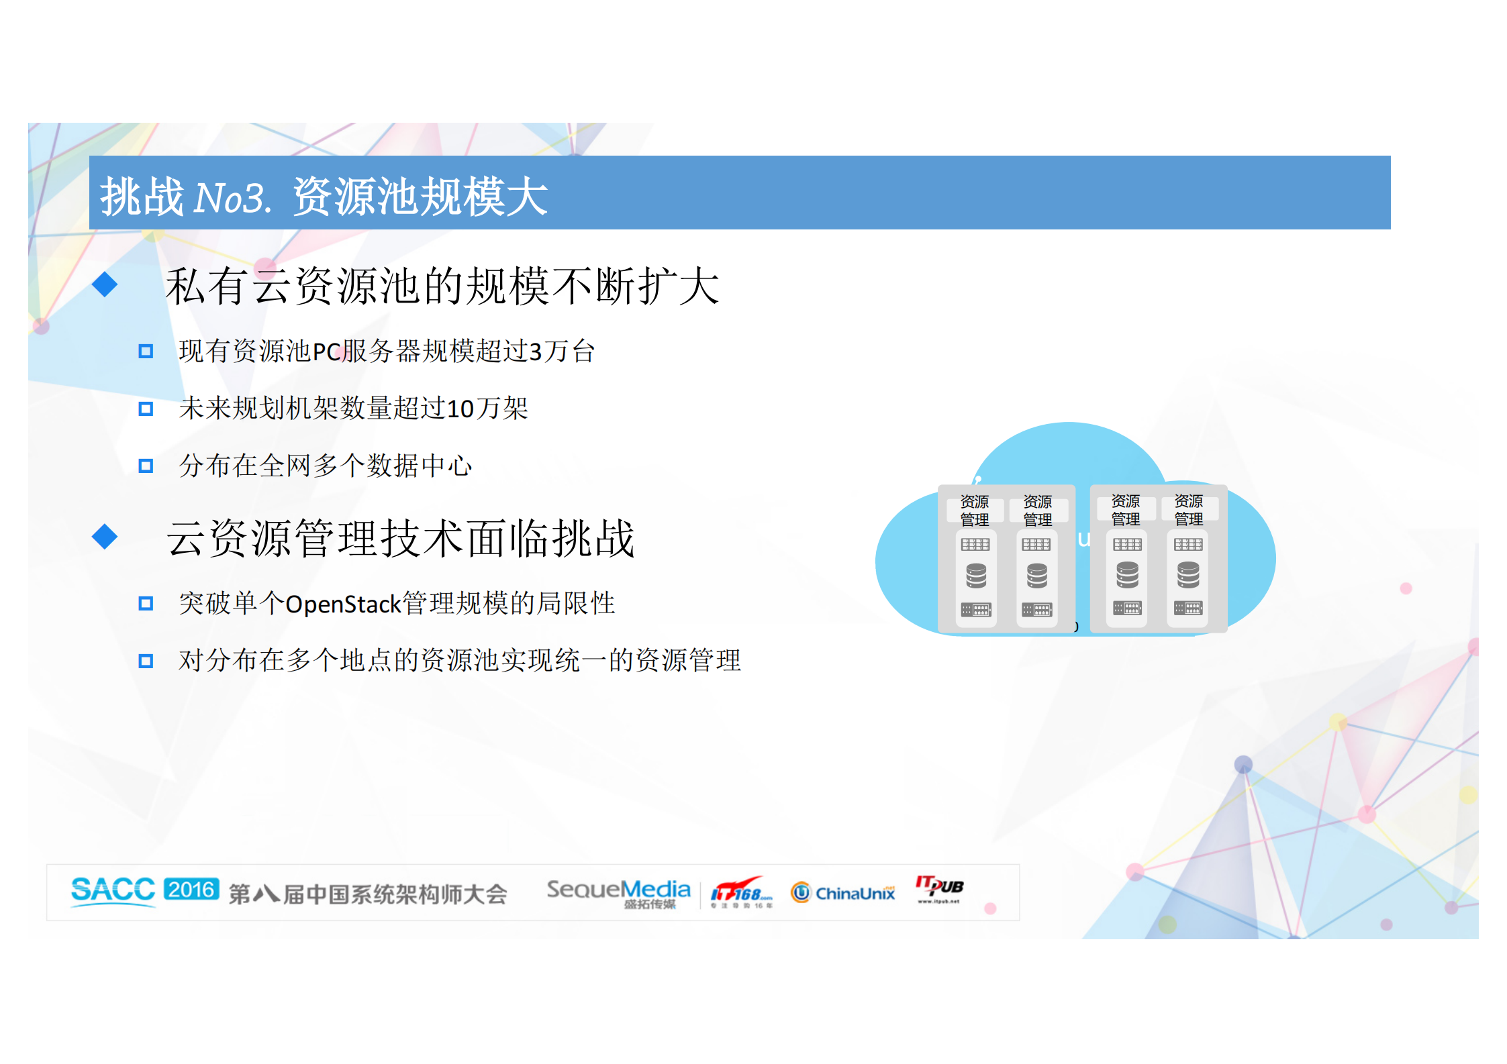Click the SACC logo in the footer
click(x=113, y=891)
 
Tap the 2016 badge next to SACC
click(x=191, y=890)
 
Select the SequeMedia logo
click(x=618, y=892)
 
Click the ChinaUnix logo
click(x=843, y=893)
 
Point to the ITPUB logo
click(x=939, y=888)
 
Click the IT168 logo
click(x=741, y=892)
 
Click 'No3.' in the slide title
click(x=232, y=198)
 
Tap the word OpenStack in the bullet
click(x=343, y=604)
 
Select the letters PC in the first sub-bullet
click(x=327, y=352)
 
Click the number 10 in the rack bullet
click(x=460, y=409)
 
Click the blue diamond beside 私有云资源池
click(x=105, y=284)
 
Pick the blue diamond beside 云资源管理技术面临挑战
click(x=105, y=537)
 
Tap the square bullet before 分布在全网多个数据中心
click(x=146, y=466)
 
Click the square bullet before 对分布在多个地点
click(x=146, y=661)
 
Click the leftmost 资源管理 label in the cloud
click(x=974, y=511)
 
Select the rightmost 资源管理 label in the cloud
click(x=1188, y=510)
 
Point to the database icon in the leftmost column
click(x=976, y=576)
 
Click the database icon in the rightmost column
click(x=1188, y=575)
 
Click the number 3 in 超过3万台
click(x=535, y=352)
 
